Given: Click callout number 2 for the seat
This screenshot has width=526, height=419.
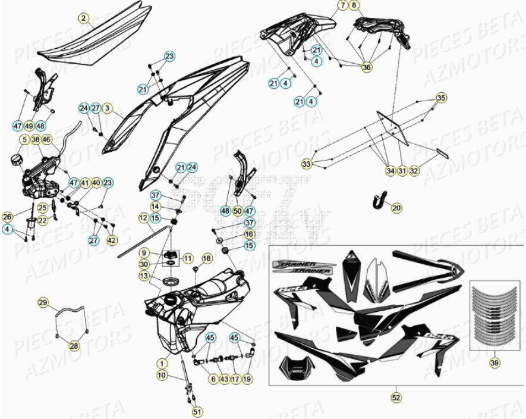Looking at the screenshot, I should pos(84,18).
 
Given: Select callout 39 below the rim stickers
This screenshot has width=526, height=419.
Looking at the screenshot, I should pos(494,362).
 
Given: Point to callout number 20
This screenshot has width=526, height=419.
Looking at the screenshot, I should pos(396,207).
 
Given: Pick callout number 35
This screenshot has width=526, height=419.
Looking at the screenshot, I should pos(440,98).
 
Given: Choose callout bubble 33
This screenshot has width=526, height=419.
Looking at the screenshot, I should pos(307,163).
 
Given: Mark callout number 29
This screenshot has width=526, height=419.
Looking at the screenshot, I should pos(43,303).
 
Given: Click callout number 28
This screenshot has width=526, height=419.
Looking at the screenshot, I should pos(74,346).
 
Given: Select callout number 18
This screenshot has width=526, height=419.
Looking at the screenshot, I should pos(206,258).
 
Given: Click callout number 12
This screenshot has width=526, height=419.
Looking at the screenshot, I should pos(143,218).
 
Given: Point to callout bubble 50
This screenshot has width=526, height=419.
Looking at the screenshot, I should pos(237,211).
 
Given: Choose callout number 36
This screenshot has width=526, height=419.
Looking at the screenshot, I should pos(366,68).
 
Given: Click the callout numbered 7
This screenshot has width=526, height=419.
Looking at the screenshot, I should pos(343,6).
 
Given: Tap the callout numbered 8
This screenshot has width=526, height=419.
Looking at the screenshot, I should pos(355,6).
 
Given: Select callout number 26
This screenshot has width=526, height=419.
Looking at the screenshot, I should pos(7,217).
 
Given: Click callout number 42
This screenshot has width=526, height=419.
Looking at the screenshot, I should pos(112,240).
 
